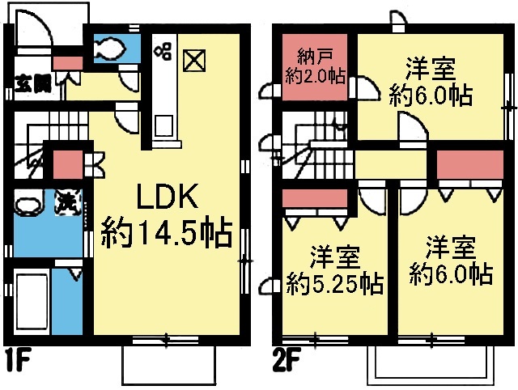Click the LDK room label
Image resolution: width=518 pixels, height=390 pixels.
(168, 196)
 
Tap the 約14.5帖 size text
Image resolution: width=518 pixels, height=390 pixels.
(166, 232)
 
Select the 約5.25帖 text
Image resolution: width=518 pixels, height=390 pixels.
(334, 284)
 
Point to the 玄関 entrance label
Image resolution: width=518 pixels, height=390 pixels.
(33, 83)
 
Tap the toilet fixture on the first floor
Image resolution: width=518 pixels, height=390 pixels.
(110, 49)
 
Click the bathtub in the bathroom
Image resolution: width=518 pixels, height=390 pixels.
(32, 301)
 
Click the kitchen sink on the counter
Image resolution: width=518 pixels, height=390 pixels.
(163, 125)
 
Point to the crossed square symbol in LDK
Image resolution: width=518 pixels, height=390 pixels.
(194, 61)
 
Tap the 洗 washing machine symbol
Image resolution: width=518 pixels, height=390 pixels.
(68, 201)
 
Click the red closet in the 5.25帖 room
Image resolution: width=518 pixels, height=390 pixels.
(315, 198)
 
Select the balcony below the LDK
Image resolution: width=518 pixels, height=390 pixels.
(169, 365)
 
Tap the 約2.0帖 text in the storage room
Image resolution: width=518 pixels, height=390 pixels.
(315, 77)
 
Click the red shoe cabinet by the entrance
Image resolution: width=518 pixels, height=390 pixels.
(68, 63)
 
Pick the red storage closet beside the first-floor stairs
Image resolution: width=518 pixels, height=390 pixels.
(68, 164)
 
